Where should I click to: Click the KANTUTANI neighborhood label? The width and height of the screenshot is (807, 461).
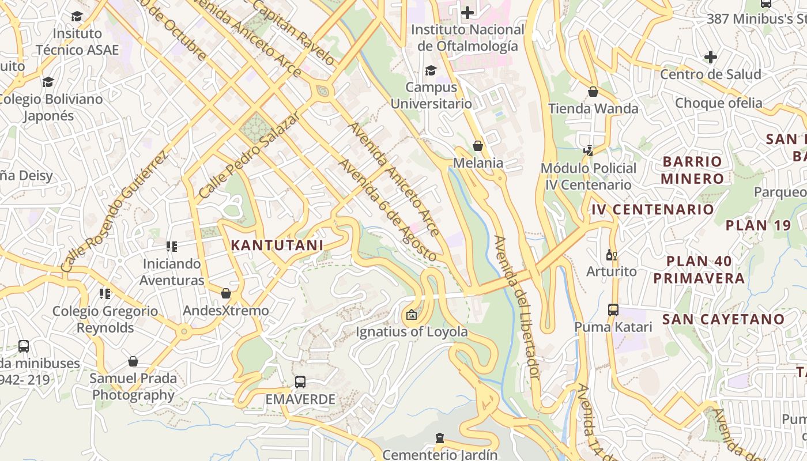click(x=277, y=245)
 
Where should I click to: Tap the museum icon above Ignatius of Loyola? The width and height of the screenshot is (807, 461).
click(x=411, y=315)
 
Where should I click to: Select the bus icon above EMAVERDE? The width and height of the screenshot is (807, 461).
click(x=300, y=381)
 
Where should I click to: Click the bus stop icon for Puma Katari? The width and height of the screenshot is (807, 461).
click(x=613, y=310)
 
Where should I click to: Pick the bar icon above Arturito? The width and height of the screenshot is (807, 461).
click(x=611, y=255)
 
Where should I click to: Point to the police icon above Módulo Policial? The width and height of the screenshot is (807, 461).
click(x=589, y=151)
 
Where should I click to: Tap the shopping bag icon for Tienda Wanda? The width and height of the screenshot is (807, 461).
click(x=593, y=92)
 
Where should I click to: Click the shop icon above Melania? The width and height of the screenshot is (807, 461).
click(x=477, y=146)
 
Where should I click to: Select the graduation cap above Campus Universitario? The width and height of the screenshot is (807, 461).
click(x=431, y=70)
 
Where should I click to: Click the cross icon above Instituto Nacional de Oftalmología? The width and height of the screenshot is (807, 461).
click(x=467, y=12)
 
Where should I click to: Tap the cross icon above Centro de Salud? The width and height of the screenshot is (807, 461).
click(x=711, y=57)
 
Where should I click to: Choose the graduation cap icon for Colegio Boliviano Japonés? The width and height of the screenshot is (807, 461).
click(x=48, y=82)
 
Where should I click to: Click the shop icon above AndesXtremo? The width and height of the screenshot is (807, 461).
click(x=226, y=294)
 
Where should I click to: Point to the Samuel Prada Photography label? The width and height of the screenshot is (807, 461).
click(x=133, y=387)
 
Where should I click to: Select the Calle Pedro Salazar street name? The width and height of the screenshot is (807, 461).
click(x=249, y=156)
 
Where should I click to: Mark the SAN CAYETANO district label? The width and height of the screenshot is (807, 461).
click(x=723, y=319)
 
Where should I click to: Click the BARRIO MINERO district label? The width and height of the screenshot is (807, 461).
click(x=692, y=169)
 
